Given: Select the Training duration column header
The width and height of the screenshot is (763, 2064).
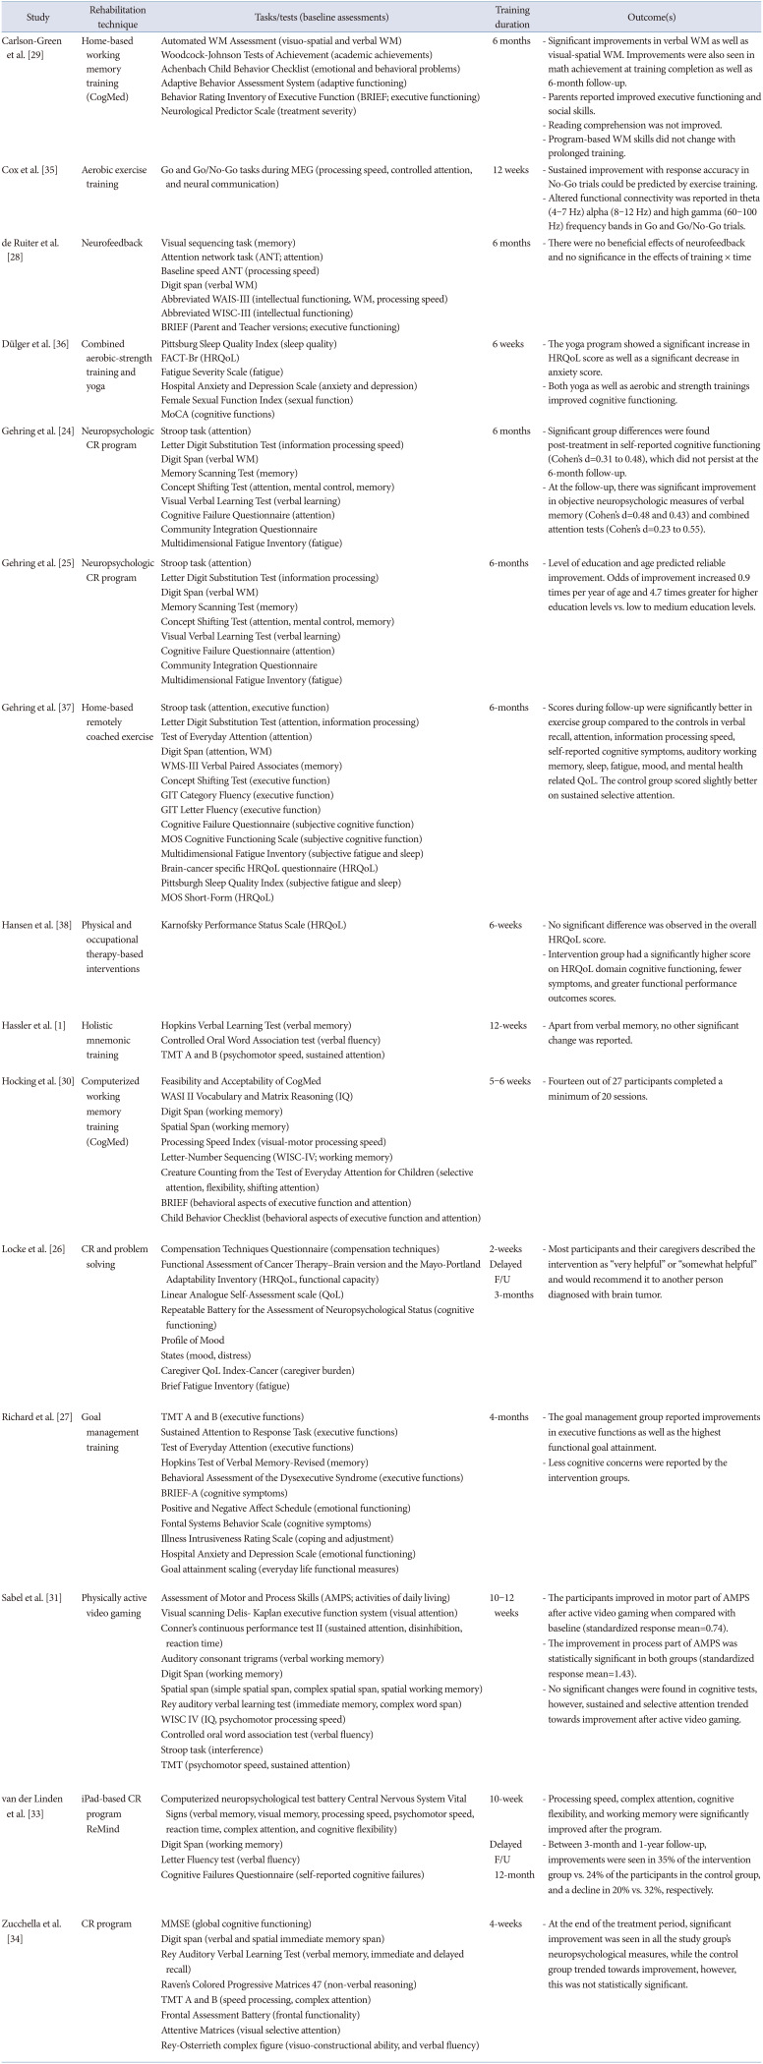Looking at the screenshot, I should coord(512,19).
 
